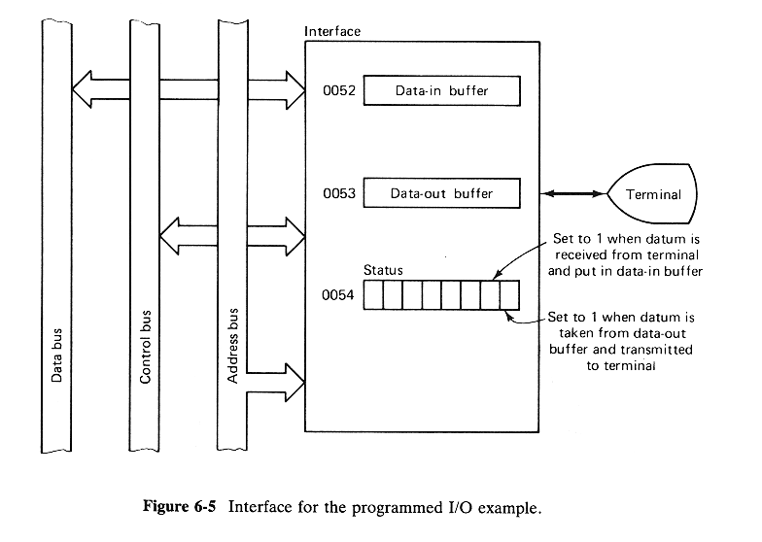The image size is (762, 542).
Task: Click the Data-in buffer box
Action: pyautogui.click(x=441, y=92)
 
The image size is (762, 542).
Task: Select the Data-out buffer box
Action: pyautogui.click(x=441, y=193)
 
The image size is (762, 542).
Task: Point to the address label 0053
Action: pyautogui.click(x=340, y=193)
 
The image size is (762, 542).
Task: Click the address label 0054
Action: pyautogui.click(x=340, y=295)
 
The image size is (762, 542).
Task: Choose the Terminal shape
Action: pyautogui.click(x=652, y=194)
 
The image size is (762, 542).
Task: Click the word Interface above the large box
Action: pyautogui.click(x=332, y=31)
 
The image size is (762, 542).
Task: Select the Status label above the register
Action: pyautogui.click(x=384, y=269)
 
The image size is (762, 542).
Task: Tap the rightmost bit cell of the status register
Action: pyautogui.click(x=509, y=295)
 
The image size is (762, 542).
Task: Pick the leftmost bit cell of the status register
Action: pyautogui.click(x=374, y=295)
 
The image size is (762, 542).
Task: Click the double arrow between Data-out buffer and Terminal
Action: pyautogui.click(x=573, y=194)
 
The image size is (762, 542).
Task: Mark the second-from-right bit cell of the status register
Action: pyautogui.click(x=490, y=295)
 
